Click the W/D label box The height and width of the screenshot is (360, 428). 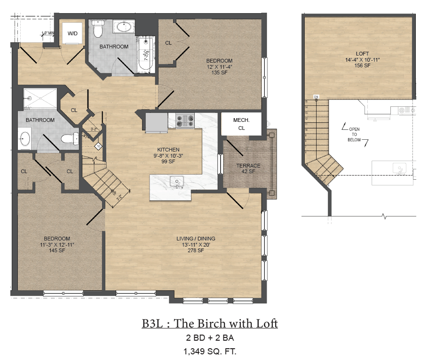click(x=72, y=33)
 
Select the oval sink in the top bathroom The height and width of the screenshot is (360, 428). click(x=124, y=27)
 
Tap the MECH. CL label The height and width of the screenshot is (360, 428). click(x=241, y=124)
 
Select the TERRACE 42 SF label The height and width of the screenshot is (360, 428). click(x=248, y=168)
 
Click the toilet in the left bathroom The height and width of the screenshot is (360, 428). click(x=70, y=139)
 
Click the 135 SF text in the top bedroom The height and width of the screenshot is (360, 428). click(x=219, y=72)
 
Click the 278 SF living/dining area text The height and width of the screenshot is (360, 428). click(x=196, y=250)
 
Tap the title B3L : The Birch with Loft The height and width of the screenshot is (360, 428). click(x=210, y=324)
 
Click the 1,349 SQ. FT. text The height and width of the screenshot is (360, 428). click(x=210, y=351)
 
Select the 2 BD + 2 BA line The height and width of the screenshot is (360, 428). click(x=210, y=338)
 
